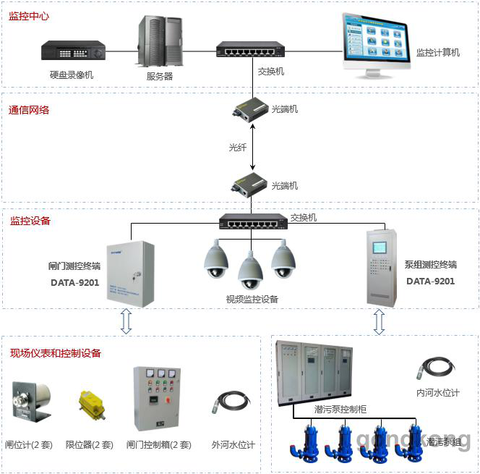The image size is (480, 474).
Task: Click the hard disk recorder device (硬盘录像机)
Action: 74,51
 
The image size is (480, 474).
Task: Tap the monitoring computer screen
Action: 375,42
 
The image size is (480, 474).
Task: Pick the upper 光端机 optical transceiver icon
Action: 250,109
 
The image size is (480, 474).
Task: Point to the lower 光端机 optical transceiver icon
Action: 250,185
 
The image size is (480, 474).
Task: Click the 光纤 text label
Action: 238,147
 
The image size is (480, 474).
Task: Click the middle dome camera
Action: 250,270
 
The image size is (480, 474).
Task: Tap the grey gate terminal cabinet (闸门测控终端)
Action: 130,274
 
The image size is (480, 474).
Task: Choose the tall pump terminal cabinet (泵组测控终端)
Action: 381,267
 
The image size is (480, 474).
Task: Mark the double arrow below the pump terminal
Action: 378,321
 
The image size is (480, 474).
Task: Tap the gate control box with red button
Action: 157,399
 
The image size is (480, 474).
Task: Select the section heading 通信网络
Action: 29,111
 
